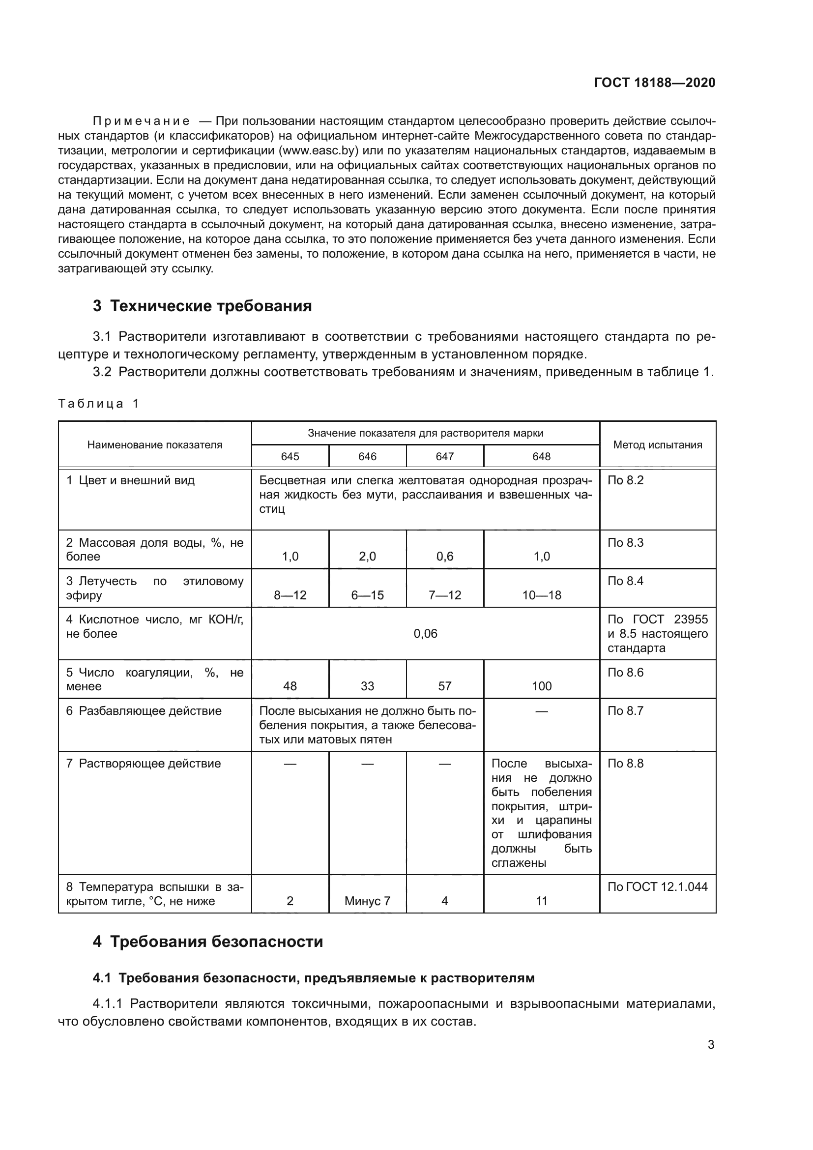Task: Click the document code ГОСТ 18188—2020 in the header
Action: click(x=654, y=83)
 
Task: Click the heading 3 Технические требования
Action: click(x=202, y=306)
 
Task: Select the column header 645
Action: click(x=290, y=456)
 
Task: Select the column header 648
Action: click(x=541, y=456)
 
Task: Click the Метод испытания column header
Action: click(x=657, y=445)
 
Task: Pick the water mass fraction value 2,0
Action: click(x=367, y=557)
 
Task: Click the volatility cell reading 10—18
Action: click(x=541, y=595)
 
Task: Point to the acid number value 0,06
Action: click(x=425, y=634)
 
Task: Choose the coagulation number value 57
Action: click(x=444, y=686)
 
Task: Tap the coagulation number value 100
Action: click(x=541, y=686)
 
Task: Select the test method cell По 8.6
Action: click(x=625, y=672)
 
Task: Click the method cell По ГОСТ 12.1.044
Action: click(x=657, y=887)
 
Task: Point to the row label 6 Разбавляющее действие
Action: click(x=144, y=711)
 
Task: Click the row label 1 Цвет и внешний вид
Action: click(x=130, y=480)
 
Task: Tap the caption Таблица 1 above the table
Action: click(x=98, y=404)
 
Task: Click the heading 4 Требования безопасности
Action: click(x=208, y=942)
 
